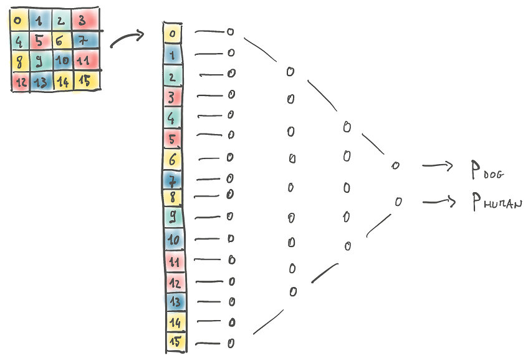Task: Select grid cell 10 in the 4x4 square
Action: [x=62, y=62]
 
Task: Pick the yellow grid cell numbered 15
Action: [x=85, y=80]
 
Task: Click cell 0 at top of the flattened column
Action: [x=173, y=32]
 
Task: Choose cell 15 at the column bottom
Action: [x=175, y=341]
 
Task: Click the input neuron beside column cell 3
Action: [x=231, y=94]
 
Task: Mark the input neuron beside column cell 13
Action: [x=231, y=302]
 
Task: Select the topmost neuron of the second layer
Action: [x=290, y=72]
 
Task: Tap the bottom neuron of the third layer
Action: [x=347, y=246]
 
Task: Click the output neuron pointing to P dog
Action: [x=394, y=166]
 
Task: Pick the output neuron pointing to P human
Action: [x=398, y=202]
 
